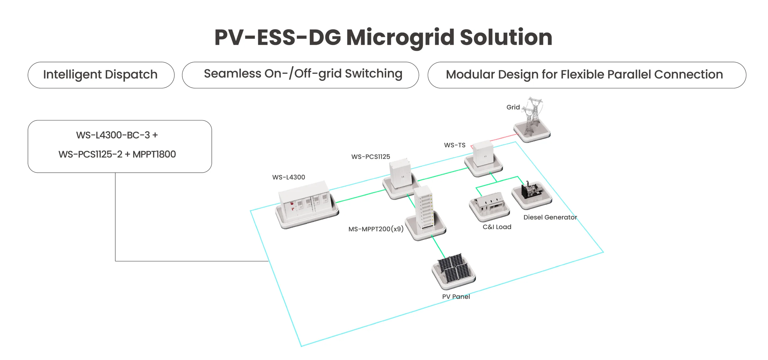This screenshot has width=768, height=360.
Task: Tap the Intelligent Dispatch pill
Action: [101, 75]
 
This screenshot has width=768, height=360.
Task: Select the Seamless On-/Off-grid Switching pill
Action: [300, 75]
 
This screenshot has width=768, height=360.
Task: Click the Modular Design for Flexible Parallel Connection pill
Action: [587, 75]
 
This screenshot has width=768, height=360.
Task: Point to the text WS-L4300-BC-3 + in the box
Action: [117, 135]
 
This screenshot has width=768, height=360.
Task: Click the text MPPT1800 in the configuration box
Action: [154, 154]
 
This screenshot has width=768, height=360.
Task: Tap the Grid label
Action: [513, 107]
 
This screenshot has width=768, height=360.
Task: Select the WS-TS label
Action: [455, 145]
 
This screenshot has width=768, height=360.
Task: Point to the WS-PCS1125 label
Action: [371, 157]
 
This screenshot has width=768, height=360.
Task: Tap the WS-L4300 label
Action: [289, 177]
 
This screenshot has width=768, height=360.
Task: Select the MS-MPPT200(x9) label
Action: [376, 229]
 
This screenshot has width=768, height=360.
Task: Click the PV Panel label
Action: [456, 297]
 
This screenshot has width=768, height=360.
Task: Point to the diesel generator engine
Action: [532, 190]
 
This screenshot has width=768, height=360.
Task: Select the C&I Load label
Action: [497, 227]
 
